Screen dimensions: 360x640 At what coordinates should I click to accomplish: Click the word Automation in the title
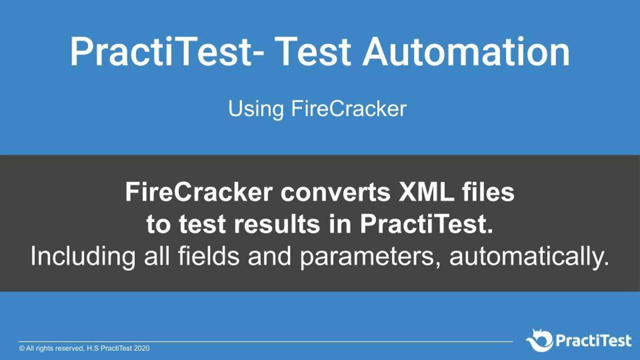tap(466, 51)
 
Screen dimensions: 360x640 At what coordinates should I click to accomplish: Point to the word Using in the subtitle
tap(256, 109)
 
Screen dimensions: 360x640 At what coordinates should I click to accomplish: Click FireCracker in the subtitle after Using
tap(348, 108)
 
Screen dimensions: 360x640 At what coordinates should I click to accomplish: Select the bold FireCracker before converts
tap(199, 192)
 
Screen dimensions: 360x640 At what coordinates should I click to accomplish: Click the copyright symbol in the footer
tap(22, 348)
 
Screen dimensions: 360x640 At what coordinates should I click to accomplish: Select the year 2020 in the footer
tap(141, 348)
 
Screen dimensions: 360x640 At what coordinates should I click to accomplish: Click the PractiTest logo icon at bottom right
tap(539, 341)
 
